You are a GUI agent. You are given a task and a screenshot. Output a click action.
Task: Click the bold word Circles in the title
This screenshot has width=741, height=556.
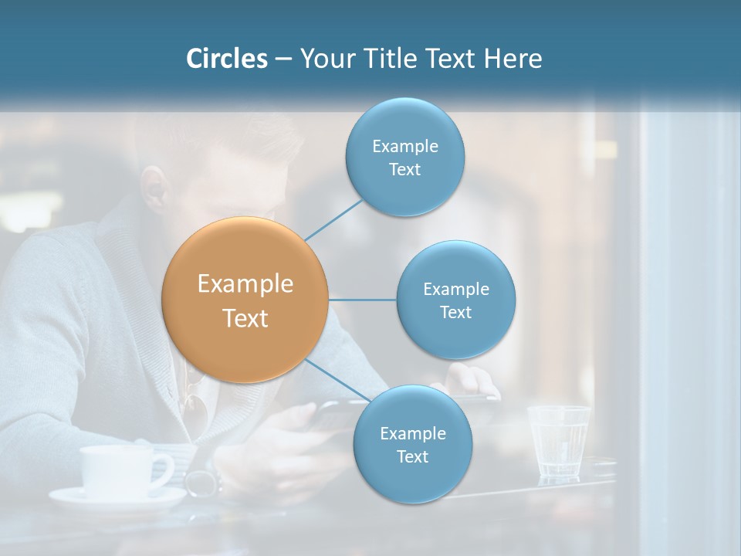(227, 59)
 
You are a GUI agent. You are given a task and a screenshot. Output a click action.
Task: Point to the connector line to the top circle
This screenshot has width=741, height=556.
(333, 220)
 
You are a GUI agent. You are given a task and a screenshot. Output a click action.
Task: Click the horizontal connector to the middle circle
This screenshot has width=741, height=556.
(363, 300)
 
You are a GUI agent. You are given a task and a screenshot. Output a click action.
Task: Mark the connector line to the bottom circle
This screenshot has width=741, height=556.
(338, 380)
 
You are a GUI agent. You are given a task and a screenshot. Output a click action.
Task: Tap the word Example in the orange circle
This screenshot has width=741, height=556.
(245, 284)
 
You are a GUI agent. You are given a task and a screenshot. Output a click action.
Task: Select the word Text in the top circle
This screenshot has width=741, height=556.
(405, 170)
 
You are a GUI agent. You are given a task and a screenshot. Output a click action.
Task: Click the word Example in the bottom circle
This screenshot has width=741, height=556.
(412, 433)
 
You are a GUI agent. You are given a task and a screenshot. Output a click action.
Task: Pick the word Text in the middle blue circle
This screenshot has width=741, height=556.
(456, 313)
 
